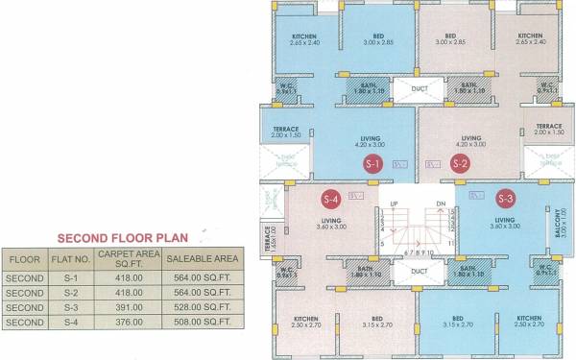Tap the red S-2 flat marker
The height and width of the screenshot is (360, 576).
coord(460,164)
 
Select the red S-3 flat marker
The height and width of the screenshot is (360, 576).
coord(506,199)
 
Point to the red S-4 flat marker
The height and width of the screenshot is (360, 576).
coord(331,200)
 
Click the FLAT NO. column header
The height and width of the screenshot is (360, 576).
coord(70,259)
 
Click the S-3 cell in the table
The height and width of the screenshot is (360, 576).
coord(70,307)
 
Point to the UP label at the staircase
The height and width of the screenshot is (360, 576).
coord(393,204)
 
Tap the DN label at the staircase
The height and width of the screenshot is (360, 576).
coord(441,204)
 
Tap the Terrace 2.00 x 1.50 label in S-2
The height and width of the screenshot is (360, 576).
coord(548,130)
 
